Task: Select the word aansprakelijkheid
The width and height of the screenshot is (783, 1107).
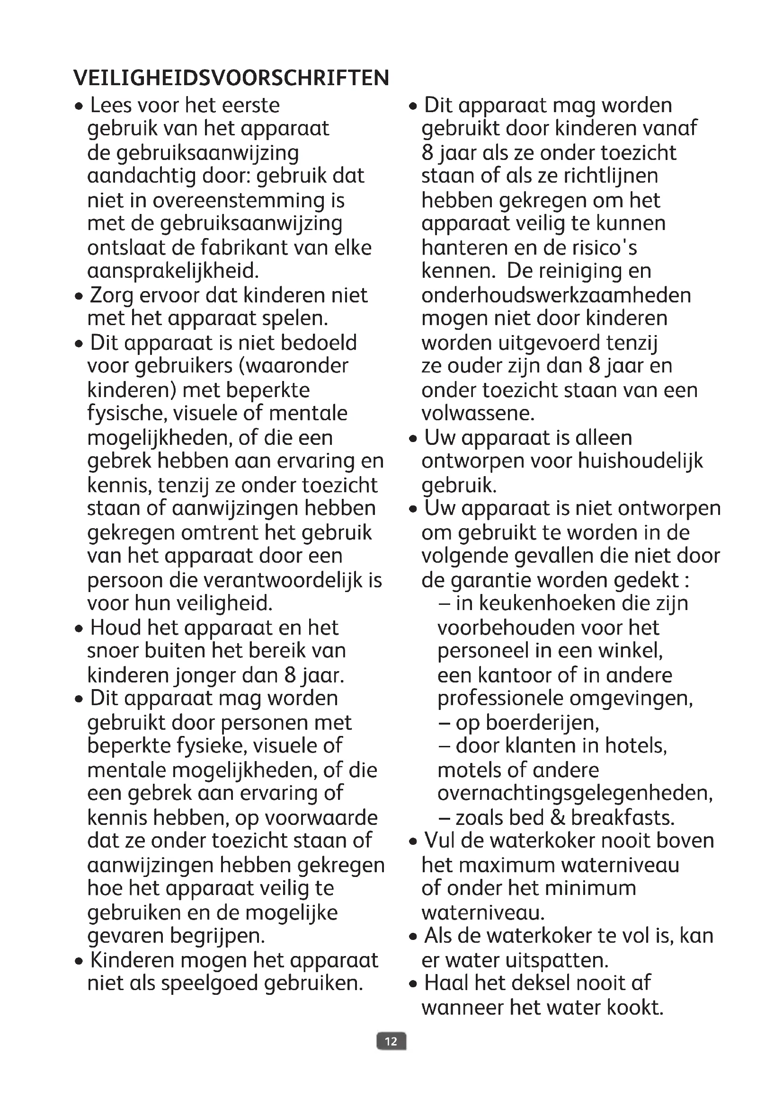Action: tap(173, 271)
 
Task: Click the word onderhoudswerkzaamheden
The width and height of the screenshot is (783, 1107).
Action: tap(556, 295)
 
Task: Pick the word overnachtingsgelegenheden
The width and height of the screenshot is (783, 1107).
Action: tap(575, 794)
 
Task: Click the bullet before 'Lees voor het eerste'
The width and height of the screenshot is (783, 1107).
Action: tap(79, 106)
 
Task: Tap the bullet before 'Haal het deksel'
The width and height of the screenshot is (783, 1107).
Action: tap(413, 983)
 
